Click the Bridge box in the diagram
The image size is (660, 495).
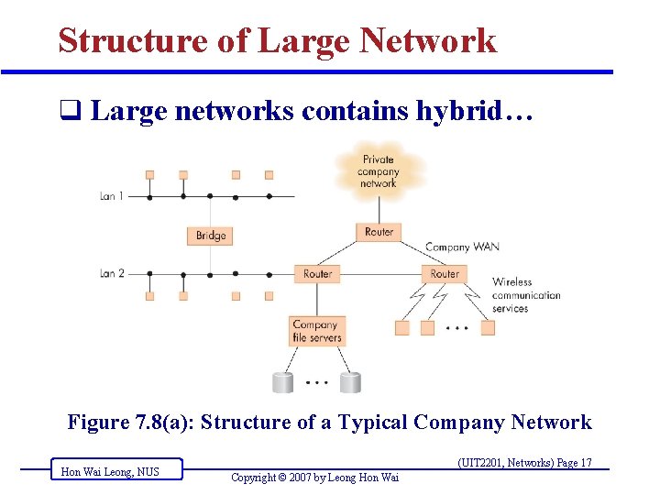[210, 236]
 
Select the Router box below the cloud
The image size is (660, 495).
[379, 232]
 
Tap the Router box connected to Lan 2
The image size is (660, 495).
[317, 273]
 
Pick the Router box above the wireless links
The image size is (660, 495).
[445, 273]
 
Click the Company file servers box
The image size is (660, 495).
[316, 331]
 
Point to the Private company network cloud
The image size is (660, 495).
[378, 170]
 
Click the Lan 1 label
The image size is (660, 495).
[112, 196]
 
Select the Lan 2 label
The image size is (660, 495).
[112, 273]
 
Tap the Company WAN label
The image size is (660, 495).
[462, 247]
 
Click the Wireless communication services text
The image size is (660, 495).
[525, 295]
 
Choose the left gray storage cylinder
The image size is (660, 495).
[282, 382]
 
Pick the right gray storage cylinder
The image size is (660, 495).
[349, 382]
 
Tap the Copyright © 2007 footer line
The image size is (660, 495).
[314, 477]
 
